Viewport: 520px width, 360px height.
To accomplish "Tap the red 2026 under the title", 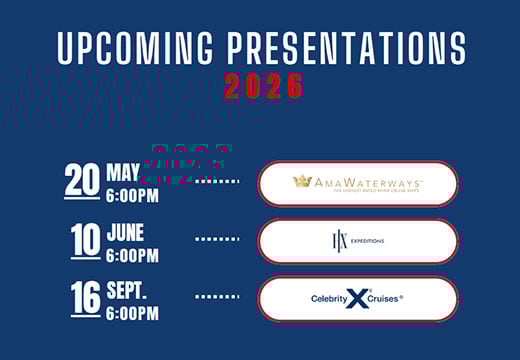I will (x=262, y=87).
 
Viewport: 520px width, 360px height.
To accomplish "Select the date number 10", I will (x=83, y=240).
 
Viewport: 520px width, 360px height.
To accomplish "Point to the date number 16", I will (x=83, y=297).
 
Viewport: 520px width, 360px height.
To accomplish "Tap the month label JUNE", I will (x=126, y=233).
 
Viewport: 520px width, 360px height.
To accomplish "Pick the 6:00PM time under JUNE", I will (x=133, y=254).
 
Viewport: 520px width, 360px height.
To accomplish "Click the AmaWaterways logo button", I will (x=357, y=184).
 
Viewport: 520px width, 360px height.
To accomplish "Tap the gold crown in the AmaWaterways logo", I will (x=302, y=182).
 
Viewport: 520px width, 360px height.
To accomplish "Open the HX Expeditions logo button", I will (x=357, y=241).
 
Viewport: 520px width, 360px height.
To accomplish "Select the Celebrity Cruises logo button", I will (x=357, y=298).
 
